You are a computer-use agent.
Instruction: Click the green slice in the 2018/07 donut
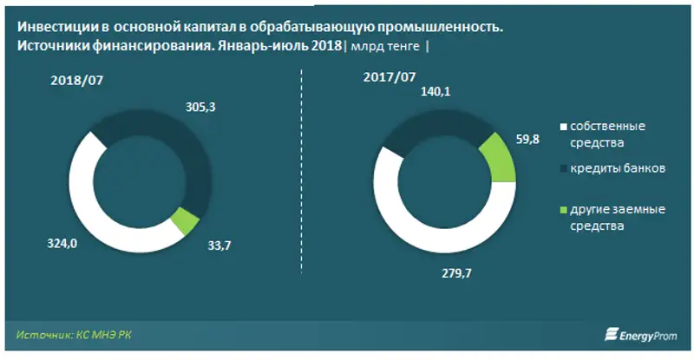point(185,221)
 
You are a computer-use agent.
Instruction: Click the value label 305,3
point(200,107)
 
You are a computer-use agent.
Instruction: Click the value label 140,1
point(437,92)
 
